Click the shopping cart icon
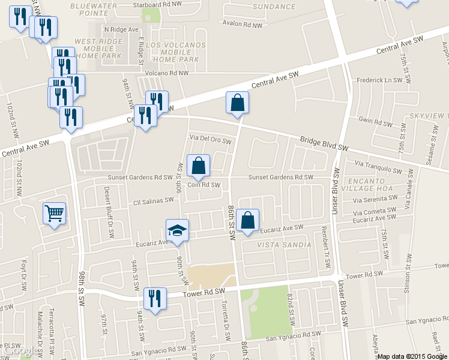(x=54, y=213)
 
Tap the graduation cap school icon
(x=177, y=230)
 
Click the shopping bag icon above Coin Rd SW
(x=198, y=166)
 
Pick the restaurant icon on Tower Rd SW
(x=155, y=298)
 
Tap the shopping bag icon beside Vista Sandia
(x=247, y=220)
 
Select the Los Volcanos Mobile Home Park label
(x=175, y=52)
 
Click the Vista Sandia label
(x=284, y=245)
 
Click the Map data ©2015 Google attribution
(x=412, y=356)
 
